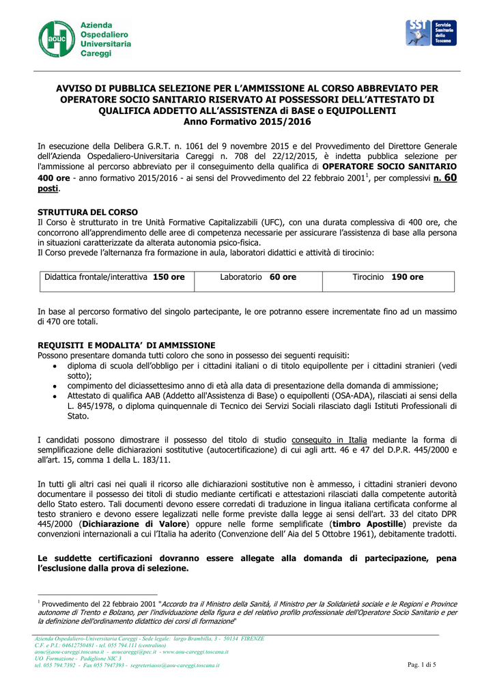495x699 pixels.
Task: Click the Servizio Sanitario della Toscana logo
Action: click(432, 33)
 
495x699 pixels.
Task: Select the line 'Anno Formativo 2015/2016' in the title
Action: click(247, 122)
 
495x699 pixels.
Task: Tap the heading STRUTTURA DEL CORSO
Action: click(87, 212)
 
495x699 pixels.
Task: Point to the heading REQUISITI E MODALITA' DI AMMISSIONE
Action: click(126, 345)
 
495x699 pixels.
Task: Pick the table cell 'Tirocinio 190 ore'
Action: click(388, 277)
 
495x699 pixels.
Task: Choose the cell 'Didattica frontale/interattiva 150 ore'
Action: click(115, 277)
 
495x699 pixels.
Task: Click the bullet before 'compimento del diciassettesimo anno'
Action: click(55, 386)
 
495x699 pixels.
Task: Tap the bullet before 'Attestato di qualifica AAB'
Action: click(55, 396)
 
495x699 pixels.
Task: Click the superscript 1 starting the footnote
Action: click(39, 603)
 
